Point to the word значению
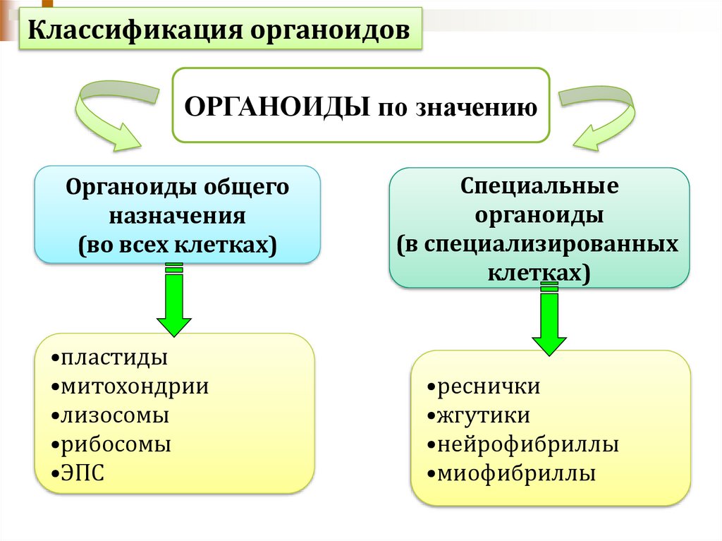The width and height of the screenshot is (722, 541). pyautogui.click(x=479, y=108)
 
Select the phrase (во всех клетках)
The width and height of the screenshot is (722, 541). pyautogui.click(x=178, y=244)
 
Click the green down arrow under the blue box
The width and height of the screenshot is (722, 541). pyautogui.click(x=173, y=300)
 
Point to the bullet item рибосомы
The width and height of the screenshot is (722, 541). pyautogui.click(x=115, y=445)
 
